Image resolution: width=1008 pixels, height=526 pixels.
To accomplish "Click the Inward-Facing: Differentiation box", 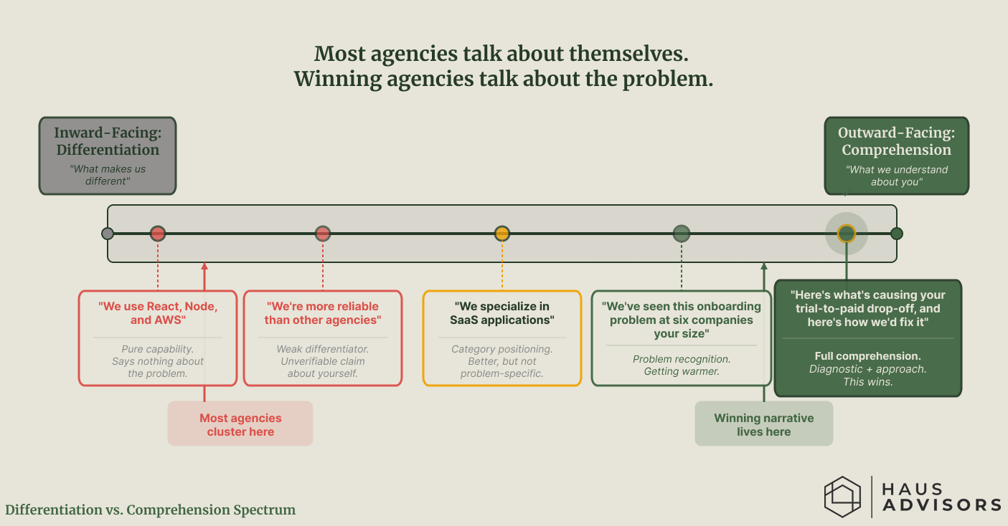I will (108, 156).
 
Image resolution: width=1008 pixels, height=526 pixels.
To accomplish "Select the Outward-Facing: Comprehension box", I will (896, 156).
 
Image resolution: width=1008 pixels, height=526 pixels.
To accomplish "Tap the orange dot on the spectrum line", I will (502, 234).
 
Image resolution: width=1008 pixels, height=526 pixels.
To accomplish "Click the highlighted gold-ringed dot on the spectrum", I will (847, 234).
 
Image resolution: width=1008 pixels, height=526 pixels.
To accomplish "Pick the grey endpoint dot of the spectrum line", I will (108, 234).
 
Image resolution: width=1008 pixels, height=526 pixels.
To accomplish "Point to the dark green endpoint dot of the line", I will (897, 234).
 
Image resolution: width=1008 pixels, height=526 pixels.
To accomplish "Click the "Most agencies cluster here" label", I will (240, 424).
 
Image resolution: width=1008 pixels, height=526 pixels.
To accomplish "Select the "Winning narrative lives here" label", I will (763, 424).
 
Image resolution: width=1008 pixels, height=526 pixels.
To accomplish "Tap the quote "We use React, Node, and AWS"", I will (158, 313).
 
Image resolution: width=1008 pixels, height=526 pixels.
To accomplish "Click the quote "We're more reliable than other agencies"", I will (323, 313).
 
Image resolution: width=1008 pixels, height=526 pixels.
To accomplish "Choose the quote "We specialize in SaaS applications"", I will (502, 313).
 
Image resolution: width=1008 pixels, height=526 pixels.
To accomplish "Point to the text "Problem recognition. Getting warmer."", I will (681, 365).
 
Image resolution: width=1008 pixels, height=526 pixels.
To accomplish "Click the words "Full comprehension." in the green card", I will (868, 356).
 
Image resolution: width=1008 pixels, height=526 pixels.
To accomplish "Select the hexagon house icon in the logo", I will (842, 497).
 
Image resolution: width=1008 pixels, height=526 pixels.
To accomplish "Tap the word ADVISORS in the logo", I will (941, 505).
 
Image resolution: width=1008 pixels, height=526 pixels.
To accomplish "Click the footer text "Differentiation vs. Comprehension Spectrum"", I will (151, 510).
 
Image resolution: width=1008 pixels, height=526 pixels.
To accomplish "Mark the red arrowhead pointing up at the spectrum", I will (204, 267).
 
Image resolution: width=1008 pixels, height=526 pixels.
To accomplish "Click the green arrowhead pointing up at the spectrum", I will (764, 267).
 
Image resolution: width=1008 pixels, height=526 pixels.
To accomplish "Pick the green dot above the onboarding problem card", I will (682, 234).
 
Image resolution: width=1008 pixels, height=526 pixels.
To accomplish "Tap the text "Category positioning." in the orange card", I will (502, 349).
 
